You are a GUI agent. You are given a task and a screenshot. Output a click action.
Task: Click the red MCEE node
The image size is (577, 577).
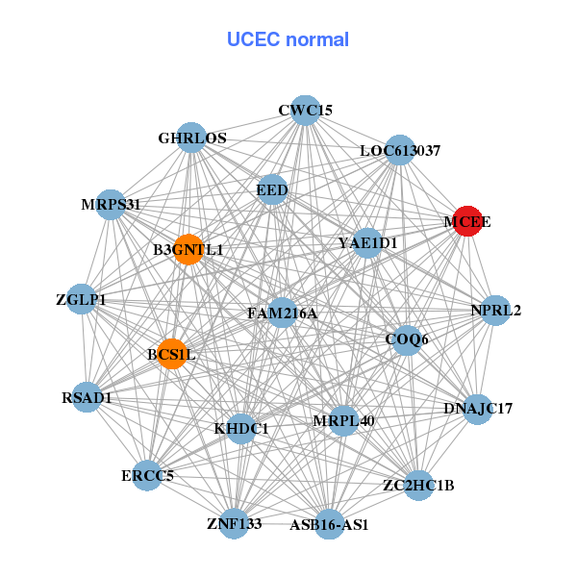coord(467,221)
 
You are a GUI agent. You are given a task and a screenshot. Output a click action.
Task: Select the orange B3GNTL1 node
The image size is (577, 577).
coord(188,250)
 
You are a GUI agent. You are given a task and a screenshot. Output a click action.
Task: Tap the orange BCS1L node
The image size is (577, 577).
coord(172,354)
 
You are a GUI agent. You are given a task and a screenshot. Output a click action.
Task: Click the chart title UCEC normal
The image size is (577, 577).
coord(288,39)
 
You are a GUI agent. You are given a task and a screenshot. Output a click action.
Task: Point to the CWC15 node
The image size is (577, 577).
coord(305,111)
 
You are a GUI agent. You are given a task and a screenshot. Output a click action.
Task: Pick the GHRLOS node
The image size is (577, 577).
coord(192,138)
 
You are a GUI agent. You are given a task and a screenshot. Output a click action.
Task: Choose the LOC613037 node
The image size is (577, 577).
coord(399,151)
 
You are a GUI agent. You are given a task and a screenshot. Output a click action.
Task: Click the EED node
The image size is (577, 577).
coord(272,190)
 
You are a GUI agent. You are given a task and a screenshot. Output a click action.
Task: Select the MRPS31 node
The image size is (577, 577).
coord(111,204)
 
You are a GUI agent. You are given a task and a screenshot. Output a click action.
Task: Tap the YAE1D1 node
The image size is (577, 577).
coord(367,242)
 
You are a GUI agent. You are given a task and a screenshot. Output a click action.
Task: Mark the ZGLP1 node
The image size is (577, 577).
coord(82,300)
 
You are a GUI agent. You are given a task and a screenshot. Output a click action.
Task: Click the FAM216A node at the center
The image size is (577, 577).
coord(282,313)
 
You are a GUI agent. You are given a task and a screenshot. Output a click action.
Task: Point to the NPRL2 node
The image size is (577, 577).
coord(495,310)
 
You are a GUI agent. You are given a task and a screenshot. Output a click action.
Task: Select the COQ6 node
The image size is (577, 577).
coord(407,339)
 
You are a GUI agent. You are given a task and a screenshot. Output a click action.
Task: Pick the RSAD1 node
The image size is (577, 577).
coord(88,397)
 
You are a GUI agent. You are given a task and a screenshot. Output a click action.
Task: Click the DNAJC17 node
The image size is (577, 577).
coord(478,409)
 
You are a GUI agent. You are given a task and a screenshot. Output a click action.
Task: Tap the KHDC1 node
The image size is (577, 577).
coord(241,428)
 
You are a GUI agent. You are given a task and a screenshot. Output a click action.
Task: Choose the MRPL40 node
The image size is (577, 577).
coord(343,420)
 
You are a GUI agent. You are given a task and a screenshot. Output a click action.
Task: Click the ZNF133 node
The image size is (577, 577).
coord(234,523)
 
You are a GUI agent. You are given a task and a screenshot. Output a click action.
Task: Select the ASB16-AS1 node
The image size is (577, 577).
coord(329,525)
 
